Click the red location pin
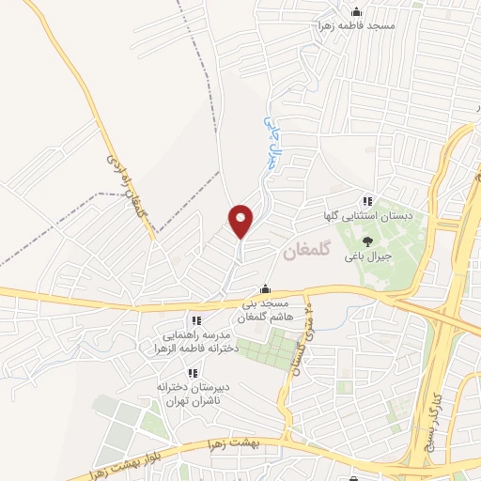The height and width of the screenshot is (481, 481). (x=241, y=221)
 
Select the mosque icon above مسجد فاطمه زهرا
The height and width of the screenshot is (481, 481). (x=355, y=12)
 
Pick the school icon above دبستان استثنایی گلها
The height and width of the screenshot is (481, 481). (x=367, y=201)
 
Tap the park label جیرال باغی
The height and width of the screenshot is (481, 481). (x=367, y=256)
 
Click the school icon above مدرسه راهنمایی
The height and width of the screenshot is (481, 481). (x=195, y=320)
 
